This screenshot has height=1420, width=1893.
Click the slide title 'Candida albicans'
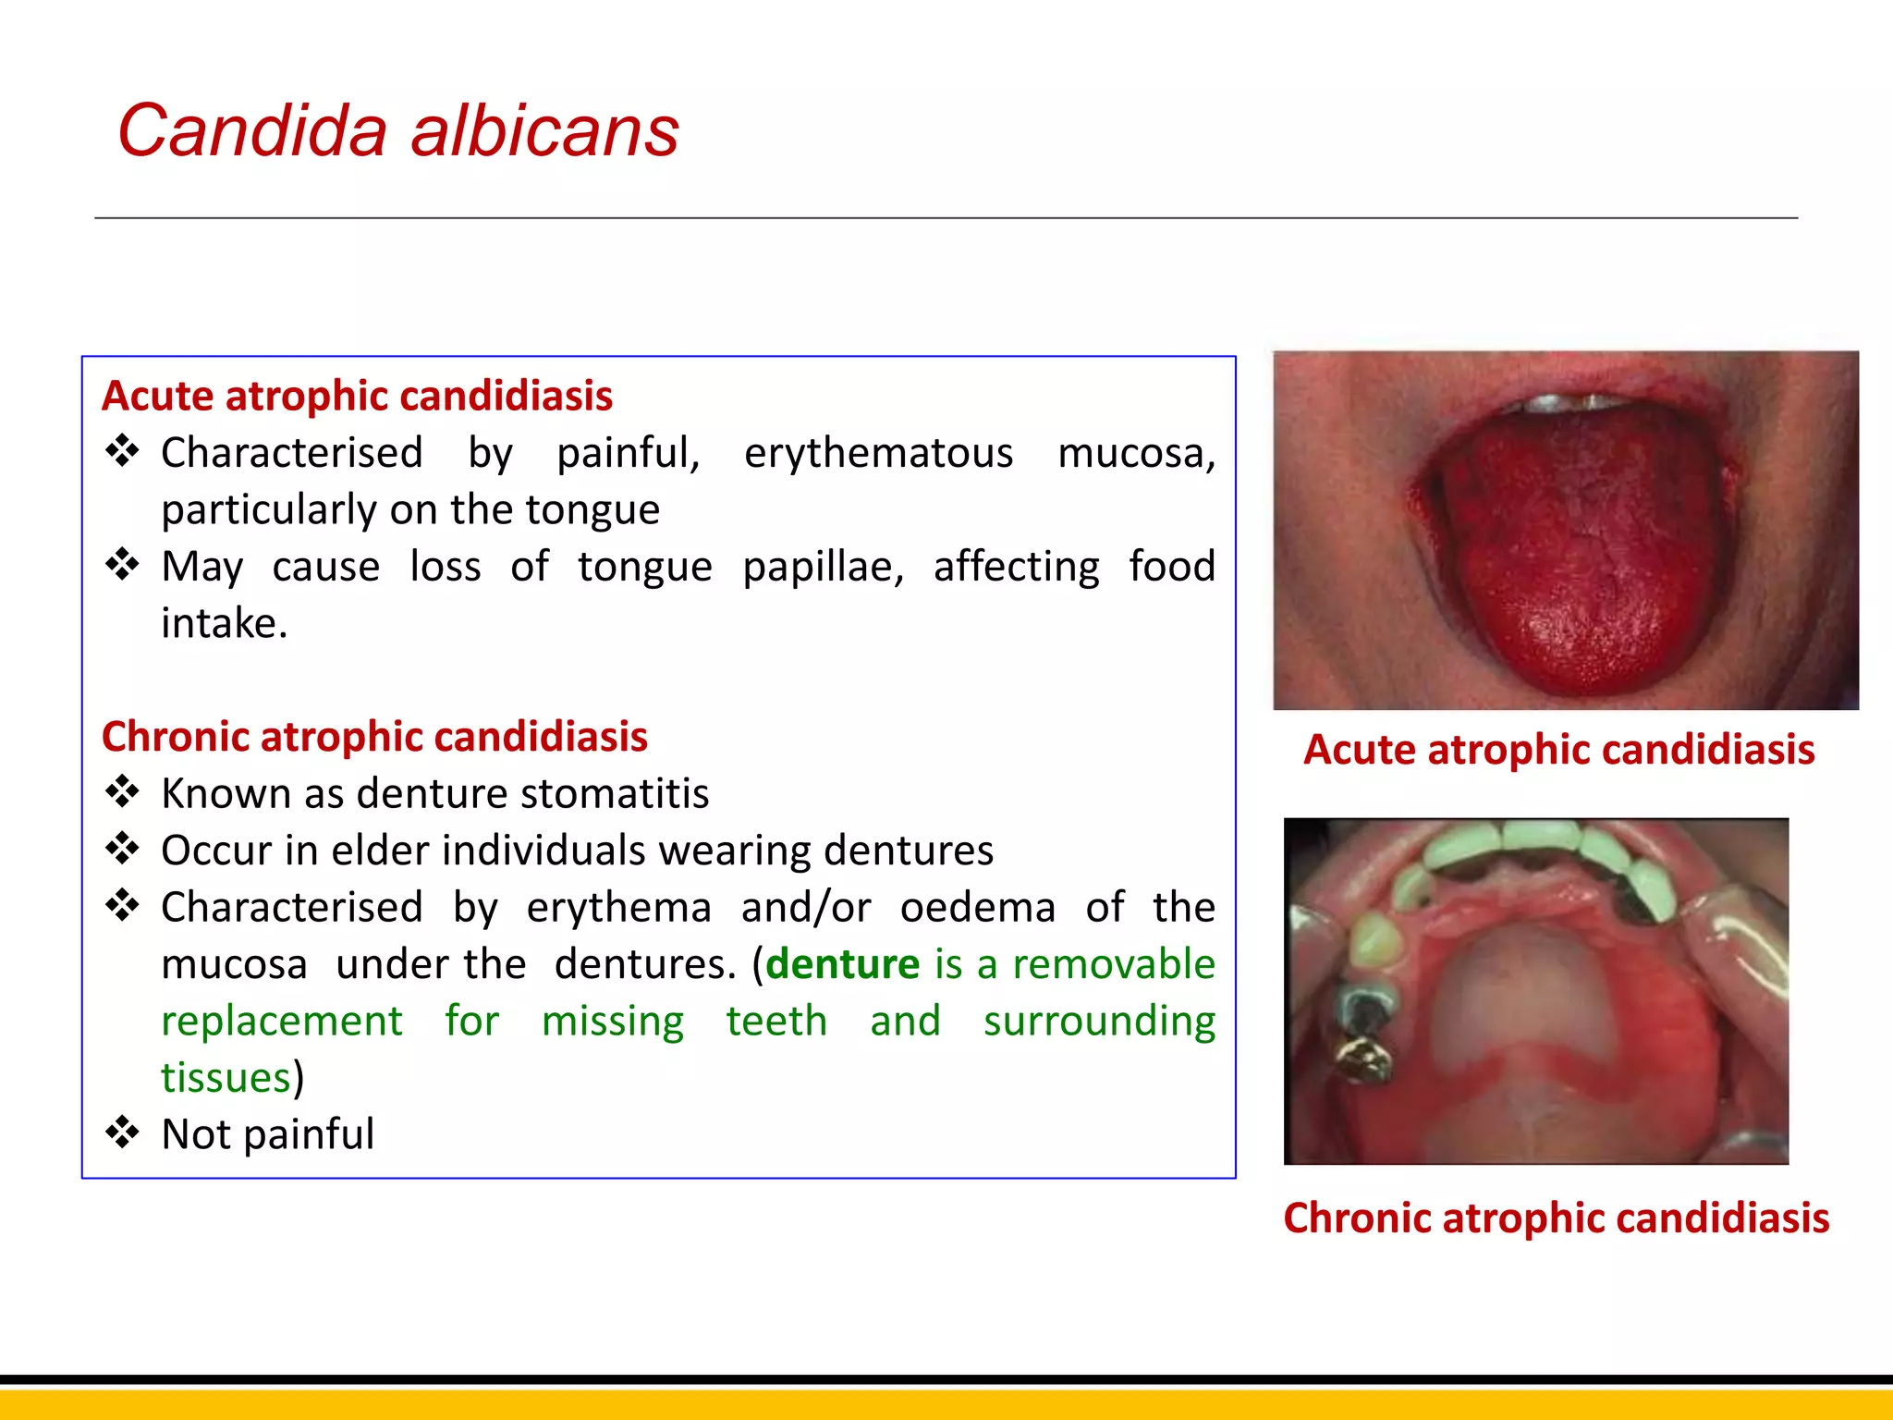pyautogui.click(x=397, y=130)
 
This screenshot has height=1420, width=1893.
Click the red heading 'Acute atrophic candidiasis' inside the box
pyautogui.click(x=357, y=396)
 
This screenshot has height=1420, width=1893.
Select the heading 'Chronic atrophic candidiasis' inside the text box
pyautogui.click(x=374, y=737)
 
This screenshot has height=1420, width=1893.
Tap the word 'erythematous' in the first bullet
pyautogui.click(x=878, y=453)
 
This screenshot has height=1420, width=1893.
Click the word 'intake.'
pyautogui.click(x=225, y=623)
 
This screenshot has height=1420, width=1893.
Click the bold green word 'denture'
pyautogui.click(x=842, y=964)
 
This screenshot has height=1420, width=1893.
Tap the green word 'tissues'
pyautogui.click(x=226, y=1078)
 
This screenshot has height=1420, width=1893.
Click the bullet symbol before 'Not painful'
pyautogui.click(x=122, y=1132)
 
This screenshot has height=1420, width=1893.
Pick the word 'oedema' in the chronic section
pyautogui.click(x=977, y=907)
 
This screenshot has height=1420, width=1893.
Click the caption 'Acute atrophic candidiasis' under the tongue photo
pyautogui.click(x=1558, y=750)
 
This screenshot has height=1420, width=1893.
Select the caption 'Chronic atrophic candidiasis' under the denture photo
pyautogui.click(x=1556, y=1218)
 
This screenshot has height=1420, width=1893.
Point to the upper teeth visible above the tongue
pyautogui.click(x=1571, y=403)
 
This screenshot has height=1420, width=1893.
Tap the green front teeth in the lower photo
pyautogui.click(x=1534, y=841)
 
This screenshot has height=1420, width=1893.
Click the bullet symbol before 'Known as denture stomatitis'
pyautogui.click(x=122, y=791)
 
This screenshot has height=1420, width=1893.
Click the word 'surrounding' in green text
pyautogui.click(x=1098, y=1021)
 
